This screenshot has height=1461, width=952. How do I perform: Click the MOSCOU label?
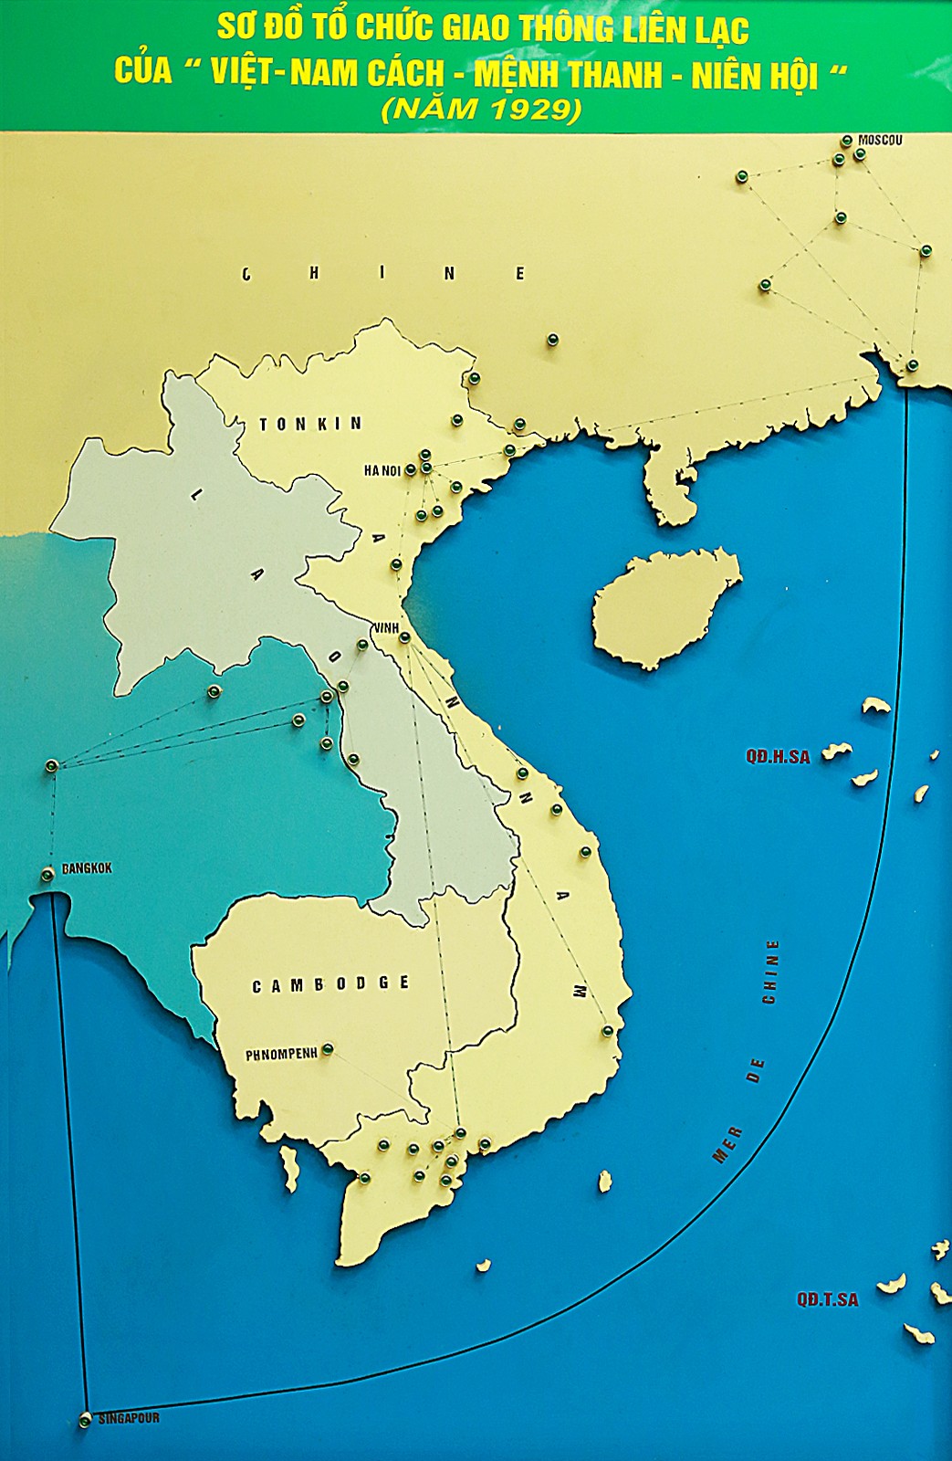pyautogui.click(x=880, y=141)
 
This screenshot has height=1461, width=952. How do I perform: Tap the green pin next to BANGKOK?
pyautogui.click(x=47, y=875)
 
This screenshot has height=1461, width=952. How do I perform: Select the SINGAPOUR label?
pyautogui.click(x=129, y=1419)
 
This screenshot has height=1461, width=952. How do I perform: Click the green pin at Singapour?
pyautogui.click(x=85, y=1420)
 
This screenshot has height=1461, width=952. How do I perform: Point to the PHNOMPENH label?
pyautogui.click(x=281, y=1054)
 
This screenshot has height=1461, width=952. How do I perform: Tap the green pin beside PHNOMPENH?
pyautogui.click(x=328, y=1049)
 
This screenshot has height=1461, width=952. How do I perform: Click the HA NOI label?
pyautogui.click(x=382, y=471)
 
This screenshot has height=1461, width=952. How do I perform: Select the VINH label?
pyautogui.click(x=386, y=628)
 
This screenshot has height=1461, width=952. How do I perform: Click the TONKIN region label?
pyautogui.click(x=310, y=424)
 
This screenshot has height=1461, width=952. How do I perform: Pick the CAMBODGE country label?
pyautogui.click(x=330, y=984)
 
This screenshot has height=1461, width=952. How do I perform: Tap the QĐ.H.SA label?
pyautogui.click(x=778, y=756)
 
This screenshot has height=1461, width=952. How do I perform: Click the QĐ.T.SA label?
pyautogui.click(x=827, y=1299)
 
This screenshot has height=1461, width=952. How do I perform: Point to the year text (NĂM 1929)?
pyautogui.click(x=481, y=110)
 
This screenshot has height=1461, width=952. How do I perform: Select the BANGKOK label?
pyautogui.click(x=87, y=868)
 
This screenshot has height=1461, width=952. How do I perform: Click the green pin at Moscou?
pyautogui.click(x=847, y=141)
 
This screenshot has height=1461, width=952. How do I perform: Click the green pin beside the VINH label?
pyautogui.click(x=405, y=636)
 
